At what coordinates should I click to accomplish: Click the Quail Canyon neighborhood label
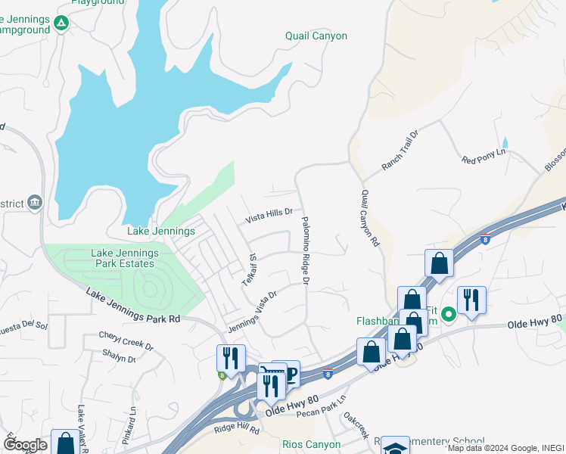click(316, 36)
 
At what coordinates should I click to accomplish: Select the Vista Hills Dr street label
click(268, 216)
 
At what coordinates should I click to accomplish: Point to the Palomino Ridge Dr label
click(306, 250)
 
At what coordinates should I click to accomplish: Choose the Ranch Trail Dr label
click(400, 150)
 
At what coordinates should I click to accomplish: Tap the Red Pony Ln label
click(483, 157)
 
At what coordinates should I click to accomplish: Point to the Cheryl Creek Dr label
click(126, 341)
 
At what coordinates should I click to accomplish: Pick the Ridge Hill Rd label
click(236, 430)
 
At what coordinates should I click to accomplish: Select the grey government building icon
click(35, 203)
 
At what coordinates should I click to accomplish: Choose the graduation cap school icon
click(394, 447)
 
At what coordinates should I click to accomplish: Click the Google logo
click(24, 444)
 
